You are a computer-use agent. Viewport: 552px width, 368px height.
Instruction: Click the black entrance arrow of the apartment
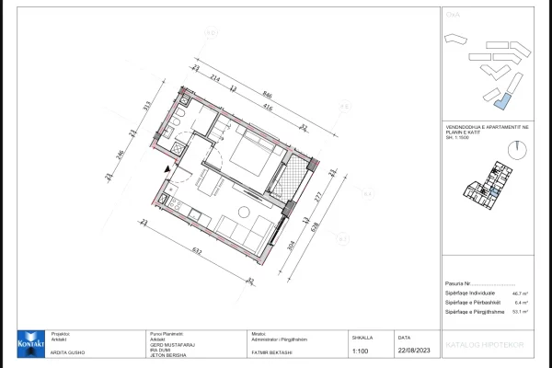pyautogui.click(x=167, y=169)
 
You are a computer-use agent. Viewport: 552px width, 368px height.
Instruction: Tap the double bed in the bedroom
pyautogui.click(x=249, y=152)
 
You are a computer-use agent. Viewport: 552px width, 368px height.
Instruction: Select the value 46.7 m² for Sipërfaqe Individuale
pyautogui.click(x=517, y=292)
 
